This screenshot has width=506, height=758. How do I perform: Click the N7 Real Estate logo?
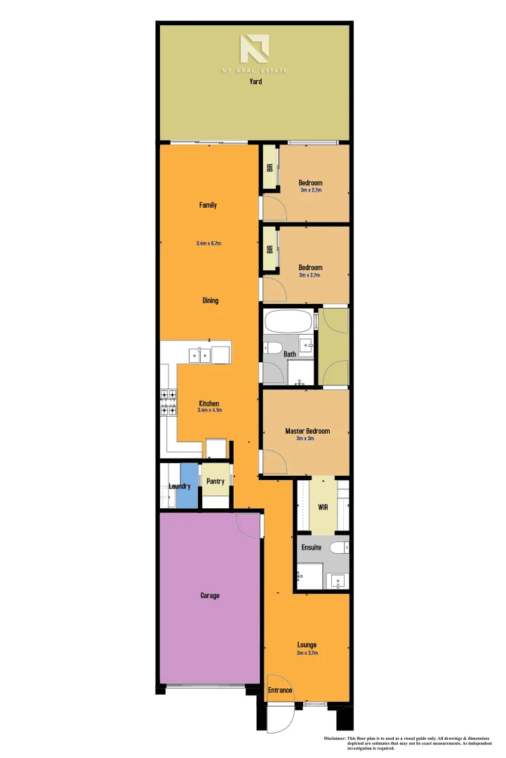(x=254, y=51)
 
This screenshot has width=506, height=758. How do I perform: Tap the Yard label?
(x=255, y=82)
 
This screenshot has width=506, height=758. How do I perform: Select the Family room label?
(x=208, y=205)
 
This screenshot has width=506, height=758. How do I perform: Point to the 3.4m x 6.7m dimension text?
(x=208, y=244)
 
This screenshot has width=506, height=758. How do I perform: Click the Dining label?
(x=210, y=300)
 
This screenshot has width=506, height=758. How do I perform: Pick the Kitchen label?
(x=209, y=404)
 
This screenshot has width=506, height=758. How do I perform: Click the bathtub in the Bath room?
(x=288, y=323)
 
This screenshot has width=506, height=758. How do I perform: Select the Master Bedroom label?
(x=307, y=431)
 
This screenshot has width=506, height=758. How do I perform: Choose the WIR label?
(x=323, y=506)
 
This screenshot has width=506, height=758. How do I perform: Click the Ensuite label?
(x=312, y=547)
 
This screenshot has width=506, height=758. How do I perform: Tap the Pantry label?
(x=215, y=481)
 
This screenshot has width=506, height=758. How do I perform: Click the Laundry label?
(x=180, y=486)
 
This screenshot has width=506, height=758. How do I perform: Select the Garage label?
(x=210, y=595)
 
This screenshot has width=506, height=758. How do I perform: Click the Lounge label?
(x=307, y=644)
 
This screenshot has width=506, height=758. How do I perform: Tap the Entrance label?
(x=280, y=691)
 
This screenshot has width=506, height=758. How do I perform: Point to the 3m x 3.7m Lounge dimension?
(x=307, y=653)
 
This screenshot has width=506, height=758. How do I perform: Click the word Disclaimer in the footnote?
(x=339, y=738)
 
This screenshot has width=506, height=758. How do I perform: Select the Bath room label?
(x=290, y=354)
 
